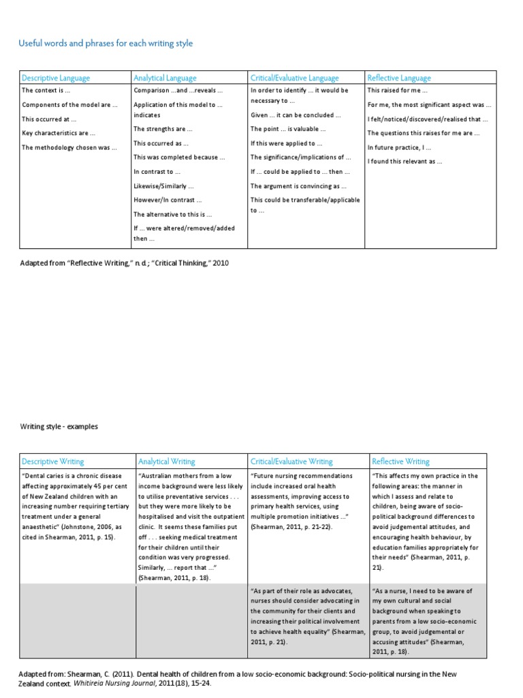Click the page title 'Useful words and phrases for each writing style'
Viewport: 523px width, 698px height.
click(106, 44)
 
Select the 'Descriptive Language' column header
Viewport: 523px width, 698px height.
click(56, 78)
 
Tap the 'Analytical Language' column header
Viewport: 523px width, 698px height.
click(165, 78)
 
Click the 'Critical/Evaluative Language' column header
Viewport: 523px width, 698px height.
click(294, 78)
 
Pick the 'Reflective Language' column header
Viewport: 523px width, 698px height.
click(399, 78)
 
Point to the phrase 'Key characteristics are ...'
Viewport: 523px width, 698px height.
click(59, 133)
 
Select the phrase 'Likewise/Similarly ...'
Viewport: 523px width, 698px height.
click(164, 186)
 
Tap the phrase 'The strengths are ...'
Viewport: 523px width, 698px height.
click(163, 129)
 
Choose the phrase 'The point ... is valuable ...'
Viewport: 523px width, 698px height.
click(288, 129)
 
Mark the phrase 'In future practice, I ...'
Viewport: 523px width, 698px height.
click(399, 147)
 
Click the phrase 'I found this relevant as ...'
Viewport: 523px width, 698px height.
click(405, 162)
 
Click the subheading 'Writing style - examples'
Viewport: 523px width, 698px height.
click(59, 427)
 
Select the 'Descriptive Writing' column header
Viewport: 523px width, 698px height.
click(53, 461)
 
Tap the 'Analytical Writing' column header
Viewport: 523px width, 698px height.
click(166, 461)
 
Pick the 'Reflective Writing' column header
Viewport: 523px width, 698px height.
click(401, 461)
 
